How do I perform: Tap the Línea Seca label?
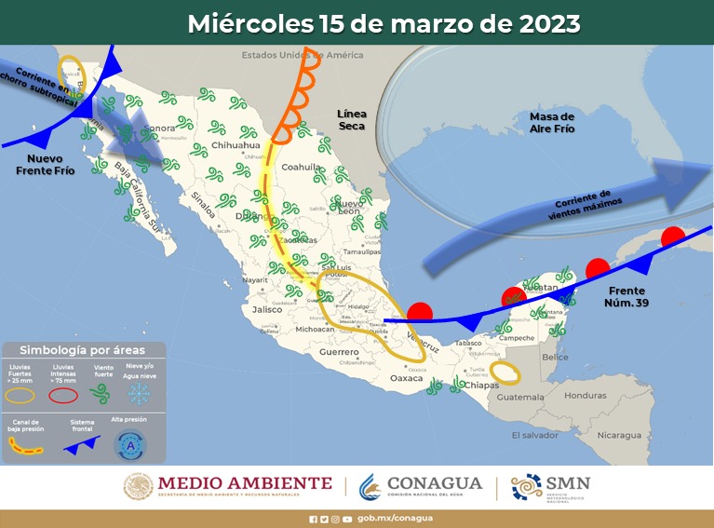(x=352, y=119)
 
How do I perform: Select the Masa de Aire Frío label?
(x=552, y=122)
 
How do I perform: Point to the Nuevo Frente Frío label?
(x=45, y=165)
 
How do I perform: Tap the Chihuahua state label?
(x=235, y=145)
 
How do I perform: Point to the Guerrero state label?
(x=338, y=352)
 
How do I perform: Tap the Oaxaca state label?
(x=406, y=379)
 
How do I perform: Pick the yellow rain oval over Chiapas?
(x=506, y=372)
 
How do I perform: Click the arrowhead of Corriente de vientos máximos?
(x=687, y=175)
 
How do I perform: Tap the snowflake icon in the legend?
(x=139, y=393)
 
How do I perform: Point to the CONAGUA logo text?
(x=435, y=482)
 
